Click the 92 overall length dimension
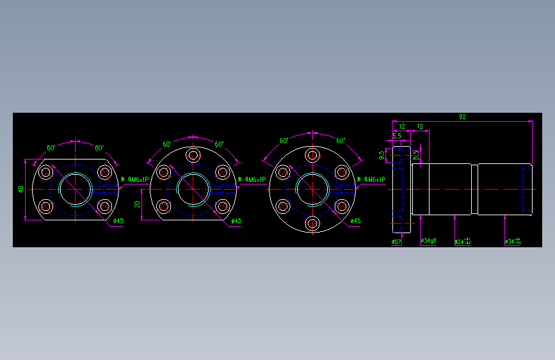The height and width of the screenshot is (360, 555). pos(462,117)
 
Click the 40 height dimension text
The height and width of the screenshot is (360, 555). pos(20,189)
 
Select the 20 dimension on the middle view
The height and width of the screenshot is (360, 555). pos(137,204)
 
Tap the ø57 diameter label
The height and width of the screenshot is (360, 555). pos(396,242)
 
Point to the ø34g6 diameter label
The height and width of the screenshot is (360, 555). pos(428,241)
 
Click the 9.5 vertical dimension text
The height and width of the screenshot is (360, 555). pos(382,155)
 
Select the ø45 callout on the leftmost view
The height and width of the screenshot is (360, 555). pos(118,221)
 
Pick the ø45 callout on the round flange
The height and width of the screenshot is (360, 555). pos(355,221)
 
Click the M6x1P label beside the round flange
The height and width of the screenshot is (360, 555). pos(374,180)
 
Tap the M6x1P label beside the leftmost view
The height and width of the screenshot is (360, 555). pos(138,180)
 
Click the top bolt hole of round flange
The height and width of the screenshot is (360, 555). pos(313,155)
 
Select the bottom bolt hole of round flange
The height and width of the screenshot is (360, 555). pos(313,223)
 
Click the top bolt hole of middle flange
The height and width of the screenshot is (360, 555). pos(193,155)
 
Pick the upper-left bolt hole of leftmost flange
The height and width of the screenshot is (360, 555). pos(46,172)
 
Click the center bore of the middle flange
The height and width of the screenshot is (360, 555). pos(193,188)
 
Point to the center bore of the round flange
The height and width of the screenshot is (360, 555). pos(313,189)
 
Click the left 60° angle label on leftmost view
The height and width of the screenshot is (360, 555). pos(51,148)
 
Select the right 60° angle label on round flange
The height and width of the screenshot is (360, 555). pos(341,140)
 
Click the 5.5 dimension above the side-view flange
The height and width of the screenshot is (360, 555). pos(396,136)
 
